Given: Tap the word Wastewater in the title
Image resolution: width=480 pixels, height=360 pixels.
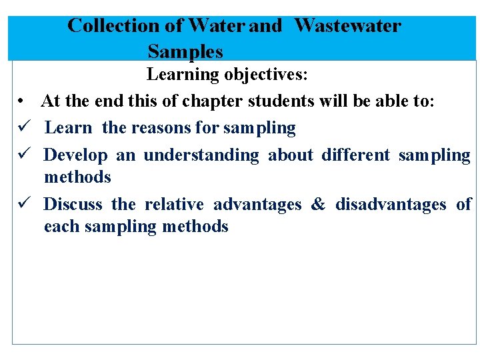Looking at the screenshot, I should [347, 26].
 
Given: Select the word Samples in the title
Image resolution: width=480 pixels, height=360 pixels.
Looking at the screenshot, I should [185, 51].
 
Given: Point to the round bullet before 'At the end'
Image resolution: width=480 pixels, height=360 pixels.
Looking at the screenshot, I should [22, 102].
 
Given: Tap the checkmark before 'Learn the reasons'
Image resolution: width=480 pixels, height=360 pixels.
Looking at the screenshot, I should [22, 127].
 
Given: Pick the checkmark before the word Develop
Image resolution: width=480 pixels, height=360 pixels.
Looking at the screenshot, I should [22, 155].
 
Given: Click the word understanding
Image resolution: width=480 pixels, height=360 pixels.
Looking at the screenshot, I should [201, 155].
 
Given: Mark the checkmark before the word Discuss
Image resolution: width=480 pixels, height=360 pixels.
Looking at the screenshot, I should [22, 204].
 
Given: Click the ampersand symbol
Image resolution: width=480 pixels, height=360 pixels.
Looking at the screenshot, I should [318, 204].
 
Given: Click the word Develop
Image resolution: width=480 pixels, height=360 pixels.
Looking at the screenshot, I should [75, 156].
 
